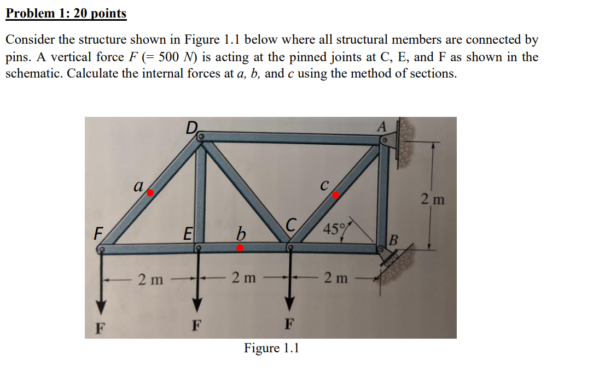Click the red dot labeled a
pyautogui.click(x=150, y=193)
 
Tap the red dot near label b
pyautogui.click(x=240, y=247)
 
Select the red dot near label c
pyautogui.click(x=336, y=194)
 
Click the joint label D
pyautogui.click(x=191, y=128)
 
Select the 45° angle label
pyautogui.click(x=333, y=228)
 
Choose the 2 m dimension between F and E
pyautogui.click(x=149, y=279)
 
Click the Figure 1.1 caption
pyautogui.click(x=271, y=348)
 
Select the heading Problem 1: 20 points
pyautogui.click(x=66, y=14)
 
